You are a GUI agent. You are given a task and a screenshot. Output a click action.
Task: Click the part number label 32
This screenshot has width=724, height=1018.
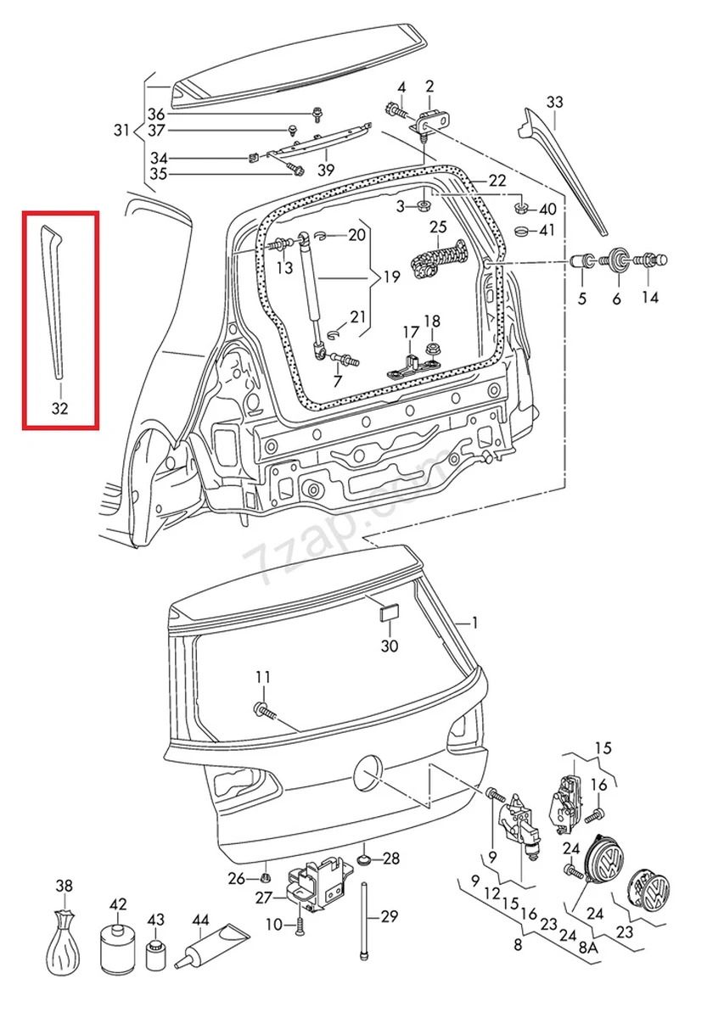59,408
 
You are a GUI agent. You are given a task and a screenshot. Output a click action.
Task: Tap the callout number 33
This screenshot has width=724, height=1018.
554,103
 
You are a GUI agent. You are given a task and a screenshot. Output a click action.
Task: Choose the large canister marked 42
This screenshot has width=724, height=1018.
117,948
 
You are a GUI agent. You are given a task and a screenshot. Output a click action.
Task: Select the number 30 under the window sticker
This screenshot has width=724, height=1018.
389,646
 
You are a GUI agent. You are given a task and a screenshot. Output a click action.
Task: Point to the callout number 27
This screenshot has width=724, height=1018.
264,898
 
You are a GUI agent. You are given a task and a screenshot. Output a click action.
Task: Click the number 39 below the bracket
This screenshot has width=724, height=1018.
326,170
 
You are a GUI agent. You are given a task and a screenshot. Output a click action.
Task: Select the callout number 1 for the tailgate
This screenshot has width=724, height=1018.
474,623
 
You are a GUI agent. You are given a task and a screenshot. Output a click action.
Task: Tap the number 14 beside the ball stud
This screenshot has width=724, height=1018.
649,298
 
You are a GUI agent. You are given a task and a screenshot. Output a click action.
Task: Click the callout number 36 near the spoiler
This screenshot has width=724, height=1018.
157,115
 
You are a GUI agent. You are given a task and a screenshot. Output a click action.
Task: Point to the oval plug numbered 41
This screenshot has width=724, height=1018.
524,231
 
